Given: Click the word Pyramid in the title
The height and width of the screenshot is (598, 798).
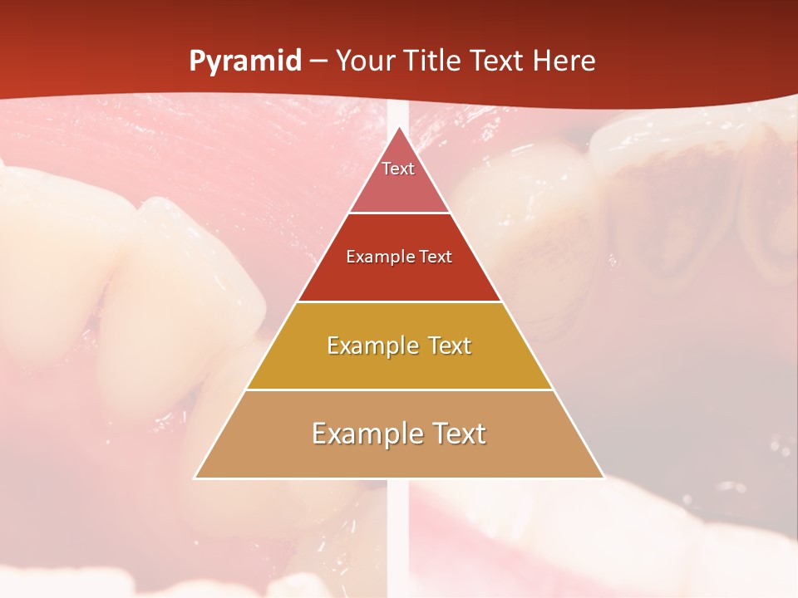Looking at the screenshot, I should [x=245, y=61].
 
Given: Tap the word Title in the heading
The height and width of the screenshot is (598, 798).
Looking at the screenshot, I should [x=429, y=61].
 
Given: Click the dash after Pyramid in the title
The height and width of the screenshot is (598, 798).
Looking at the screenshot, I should [x=318, y=61].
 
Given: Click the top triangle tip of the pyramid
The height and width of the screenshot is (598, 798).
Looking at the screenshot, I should [x=399, y=131].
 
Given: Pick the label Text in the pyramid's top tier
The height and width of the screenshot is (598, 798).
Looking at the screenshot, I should [x=398, y=169].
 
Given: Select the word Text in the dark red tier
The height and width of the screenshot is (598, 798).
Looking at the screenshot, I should [x=436, y=257].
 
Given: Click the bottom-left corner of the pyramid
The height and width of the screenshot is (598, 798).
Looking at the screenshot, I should [x=196, y=478].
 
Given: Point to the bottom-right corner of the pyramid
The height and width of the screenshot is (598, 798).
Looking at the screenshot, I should [x=603, y=478].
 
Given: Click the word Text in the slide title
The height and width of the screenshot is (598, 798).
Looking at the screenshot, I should [x=496, y=61].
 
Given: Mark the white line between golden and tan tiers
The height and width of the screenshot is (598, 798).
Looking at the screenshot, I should [x=399, y=390].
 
